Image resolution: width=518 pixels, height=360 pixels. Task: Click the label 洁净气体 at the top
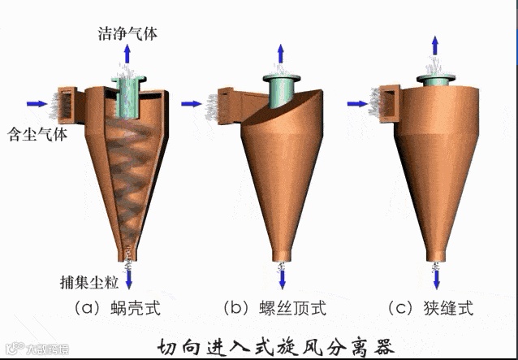[x=127, y=35]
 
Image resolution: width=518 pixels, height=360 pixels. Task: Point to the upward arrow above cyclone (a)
[x=127, y=59]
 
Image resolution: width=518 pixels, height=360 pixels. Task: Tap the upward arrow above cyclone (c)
[x=436, y=45]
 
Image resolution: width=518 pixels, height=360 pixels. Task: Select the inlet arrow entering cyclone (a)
[x=37, y=103]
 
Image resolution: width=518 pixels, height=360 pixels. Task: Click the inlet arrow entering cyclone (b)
[x=192, y=103]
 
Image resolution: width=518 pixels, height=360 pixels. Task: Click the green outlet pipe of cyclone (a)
[x=128, y=98]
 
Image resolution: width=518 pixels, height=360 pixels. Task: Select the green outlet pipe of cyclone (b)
[x=281, y=93]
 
